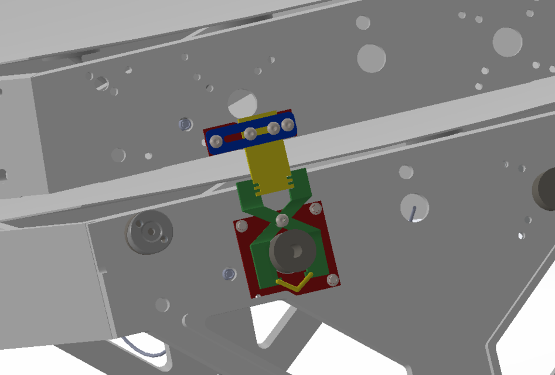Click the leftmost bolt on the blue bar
(216, 141)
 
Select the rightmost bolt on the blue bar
(288, 124)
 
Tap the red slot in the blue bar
(233, 138)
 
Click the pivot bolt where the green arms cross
(282, 220)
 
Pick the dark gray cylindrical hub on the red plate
(292, 250)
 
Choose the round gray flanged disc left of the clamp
(149, 232)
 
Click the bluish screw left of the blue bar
(185, 124)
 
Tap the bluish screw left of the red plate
(229, 273)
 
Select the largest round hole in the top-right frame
(507, 42)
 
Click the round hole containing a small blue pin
(414, 209)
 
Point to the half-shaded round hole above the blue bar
(241, 104)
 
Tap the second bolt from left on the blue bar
(250, 134)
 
